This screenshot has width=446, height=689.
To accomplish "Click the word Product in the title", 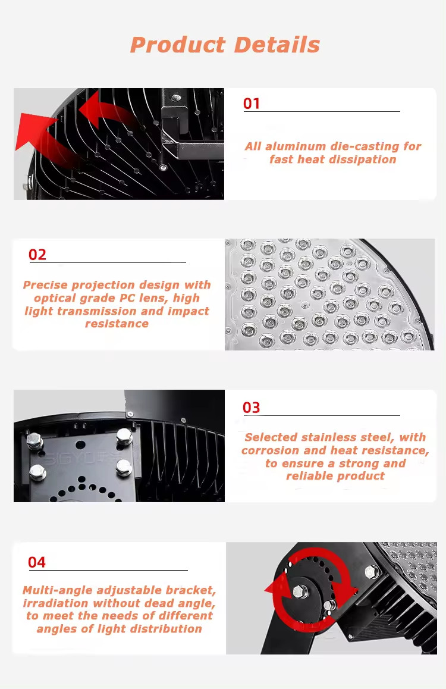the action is [178, 45].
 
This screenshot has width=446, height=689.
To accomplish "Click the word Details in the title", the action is [277, 45].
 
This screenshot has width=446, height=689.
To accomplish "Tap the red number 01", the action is [252, 104].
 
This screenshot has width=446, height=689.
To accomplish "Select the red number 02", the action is [37, 255].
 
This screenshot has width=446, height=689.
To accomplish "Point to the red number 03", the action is [252, 408].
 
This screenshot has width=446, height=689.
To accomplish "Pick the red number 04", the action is [37, 562].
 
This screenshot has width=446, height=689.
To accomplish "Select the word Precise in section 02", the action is [45, 285].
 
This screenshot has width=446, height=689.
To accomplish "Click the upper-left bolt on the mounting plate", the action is [34, 440].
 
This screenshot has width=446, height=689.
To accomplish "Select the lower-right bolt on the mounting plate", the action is [124, 468].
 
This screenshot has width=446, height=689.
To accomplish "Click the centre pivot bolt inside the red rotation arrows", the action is [300, 591].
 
